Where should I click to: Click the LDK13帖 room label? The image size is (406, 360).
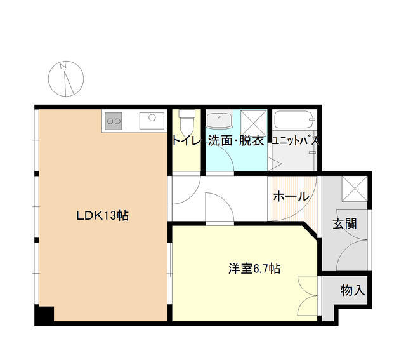103,215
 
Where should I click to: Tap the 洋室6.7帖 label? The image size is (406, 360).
254,269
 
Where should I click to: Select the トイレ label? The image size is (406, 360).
186,141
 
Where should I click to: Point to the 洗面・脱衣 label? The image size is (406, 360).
236,141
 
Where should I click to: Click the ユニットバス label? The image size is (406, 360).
295,141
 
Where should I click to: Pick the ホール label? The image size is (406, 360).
291,196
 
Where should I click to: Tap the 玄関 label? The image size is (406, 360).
344,223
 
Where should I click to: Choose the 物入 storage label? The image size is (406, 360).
353,290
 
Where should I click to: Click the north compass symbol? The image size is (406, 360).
66,79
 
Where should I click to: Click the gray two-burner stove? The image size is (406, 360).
114,121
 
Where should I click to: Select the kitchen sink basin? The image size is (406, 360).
152,121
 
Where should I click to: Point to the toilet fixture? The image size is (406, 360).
187,123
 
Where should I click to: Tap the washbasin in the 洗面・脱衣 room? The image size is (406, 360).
219,119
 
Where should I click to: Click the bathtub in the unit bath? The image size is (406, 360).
294,119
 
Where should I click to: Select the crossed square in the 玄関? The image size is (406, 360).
355,189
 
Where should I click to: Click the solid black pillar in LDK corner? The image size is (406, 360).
44,314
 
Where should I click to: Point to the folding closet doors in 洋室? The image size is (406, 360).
308,296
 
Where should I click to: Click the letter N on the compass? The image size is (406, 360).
63,66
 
